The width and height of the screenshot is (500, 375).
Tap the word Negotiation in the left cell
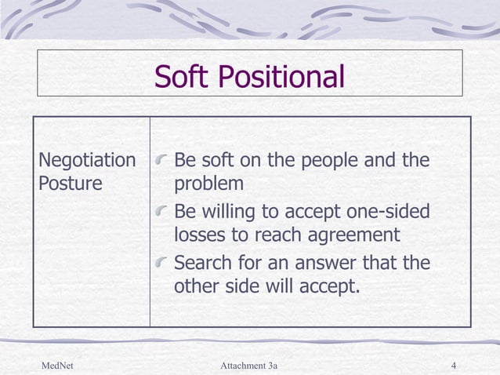click(x=87, y=161)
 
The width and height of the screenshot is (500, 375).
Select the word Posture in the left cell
click(x=70, y=184)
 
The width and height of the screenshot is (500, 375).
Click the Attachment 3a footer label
click(x=249, y=365)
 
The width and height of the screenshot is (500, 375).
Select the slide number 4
click(x=455, y=365)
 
